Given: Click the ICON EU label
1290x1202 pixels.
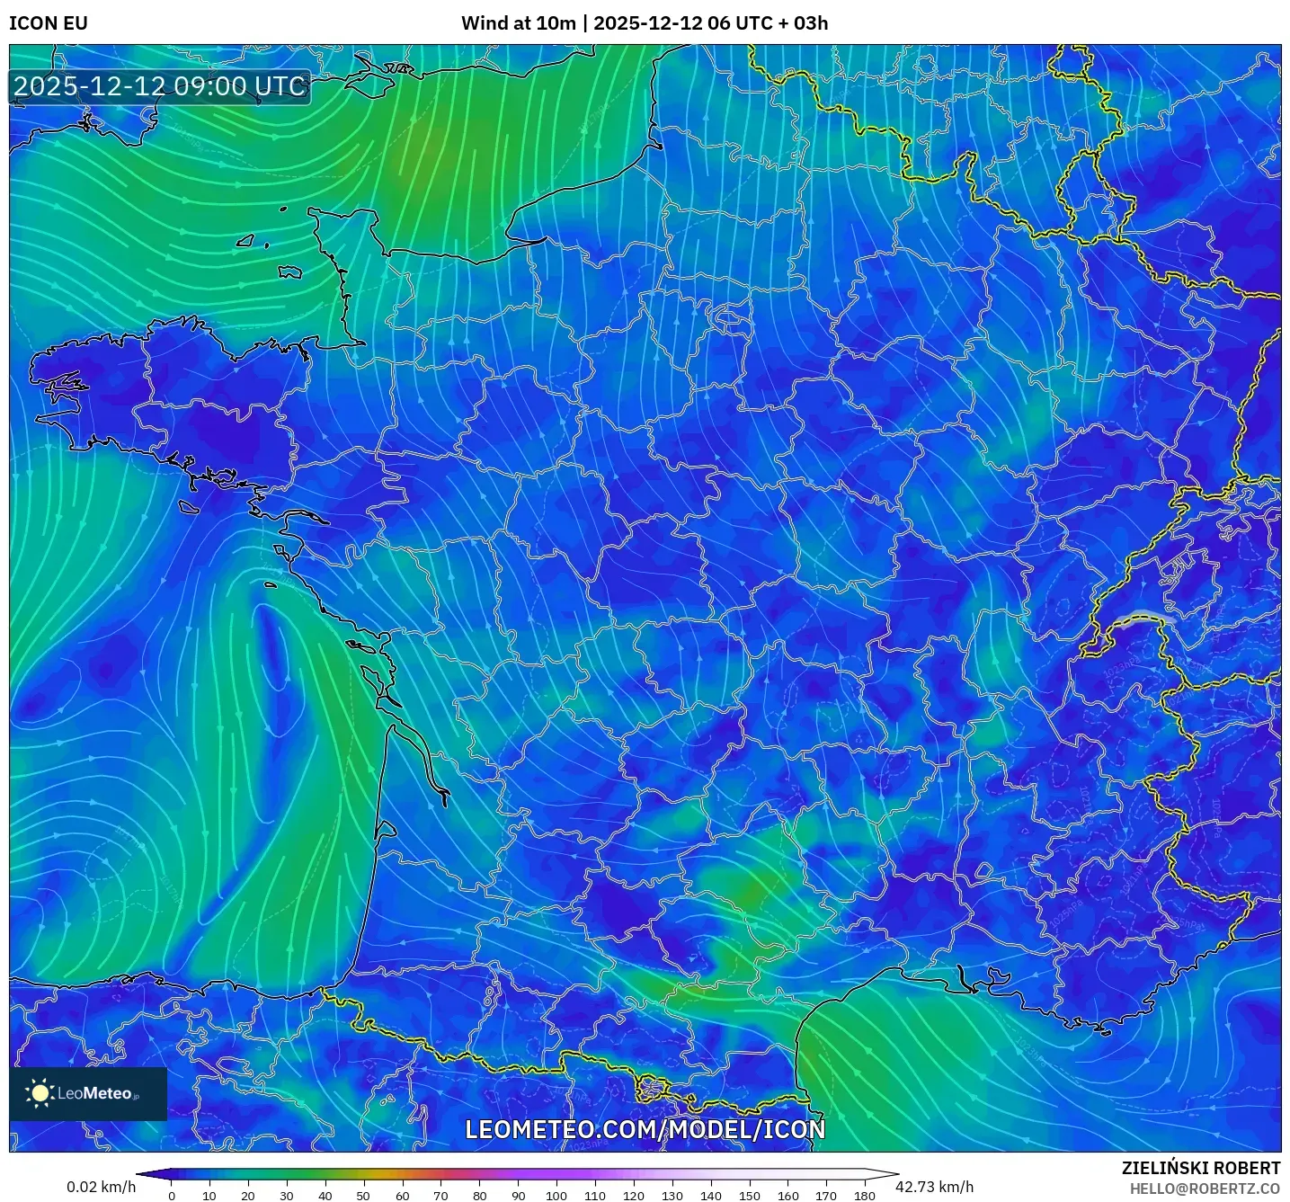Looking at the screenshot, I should (x=49, y=23).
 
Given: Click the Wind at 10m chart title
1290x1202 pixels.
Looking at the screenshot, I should (x=645, y=23).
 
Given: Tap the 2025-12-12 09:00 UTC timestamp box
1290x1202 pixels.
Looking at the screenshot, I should (x=160, y=87).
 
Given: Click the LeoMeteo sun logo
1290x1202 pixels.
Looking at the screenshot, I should (x=40, y=1093).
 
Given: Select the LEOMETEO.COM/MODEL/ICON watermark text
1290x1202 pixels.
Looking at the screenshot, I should (x=645, y=1130).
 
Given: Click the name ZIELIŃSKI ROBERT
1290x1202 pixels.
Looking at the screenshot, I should (x=1201, y=1168).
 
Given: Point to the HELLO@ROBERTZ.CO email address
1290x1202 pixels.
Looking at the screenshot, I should (x=1205, y=1189).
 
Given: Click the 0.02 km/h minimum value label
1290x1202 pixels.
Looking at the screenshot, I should (x=101, y=1187).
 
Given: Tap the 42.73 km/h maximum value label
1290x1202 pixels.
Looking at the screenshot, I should (x=935, y=1187).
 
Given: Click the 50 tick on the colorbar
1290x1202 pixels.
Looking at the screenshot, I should (x=363, y=1196).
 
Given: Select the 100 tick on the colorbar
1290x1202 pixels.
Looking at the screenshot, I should (x=556, y=1196).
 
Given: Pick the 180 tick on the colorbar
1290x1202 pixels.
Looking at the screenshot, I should (x=865, y=1196).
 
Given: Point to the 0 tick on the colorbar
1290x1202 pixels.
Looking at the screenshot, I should (x=172, y=1196).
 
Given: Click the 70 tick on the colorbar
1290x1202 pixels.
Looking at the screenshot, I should (x=440, y=1196).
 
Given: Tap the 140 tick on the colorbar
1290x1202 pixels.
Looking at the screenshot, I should (x=711, y=1196).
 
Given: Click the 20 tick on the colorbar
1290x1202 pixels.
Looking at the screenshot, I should (x=248, y=1196).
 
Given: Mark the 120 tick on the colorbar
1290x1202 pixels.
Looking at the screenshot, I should (x=634, y=1196).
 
